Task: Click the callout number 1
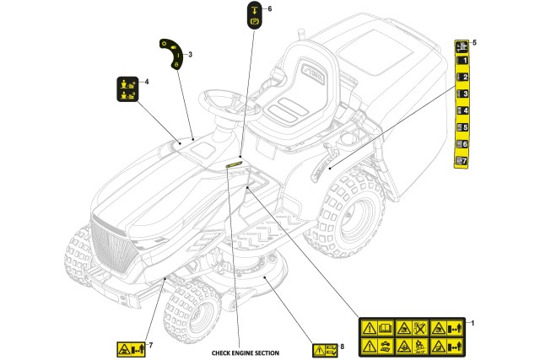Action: [472, 323]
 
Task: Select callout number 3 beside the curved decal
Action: [190, 56]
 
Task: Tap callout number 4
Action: [147, 82]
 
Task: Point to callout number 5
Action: [473, 42]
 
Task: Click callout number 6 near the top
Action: [269, 8]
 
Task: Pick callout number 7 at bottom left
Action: [150, 345]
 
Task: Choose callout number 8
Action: [342, 346]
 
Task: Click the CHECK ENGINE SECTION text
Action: [245, 352]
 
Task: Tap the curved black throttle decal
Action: [170, 52]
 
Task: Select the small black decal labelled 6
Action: [254, 16]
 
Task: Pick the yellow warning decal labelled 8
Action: [323, 349]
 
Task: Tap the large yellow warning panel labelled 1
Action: [410, 336]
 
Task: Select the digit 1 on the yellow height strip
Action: [462, 61]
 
